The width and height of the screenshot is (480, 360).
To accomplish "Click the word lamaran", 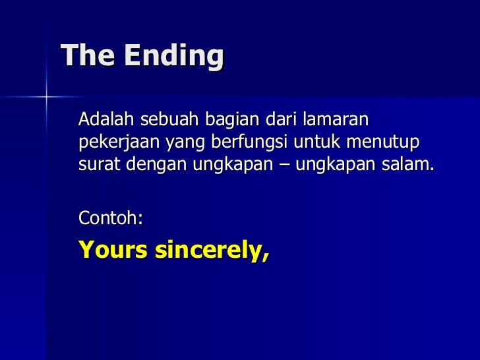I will [x=336, y=120].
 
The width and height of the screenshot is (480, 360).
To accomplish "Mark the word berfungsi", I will [x=233, y=142].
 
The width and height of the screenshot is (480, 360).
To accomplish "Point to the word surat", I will [x=96, y=164].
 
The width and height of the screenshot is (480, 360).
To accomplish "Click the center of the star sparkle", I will [x=46, y=97].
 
